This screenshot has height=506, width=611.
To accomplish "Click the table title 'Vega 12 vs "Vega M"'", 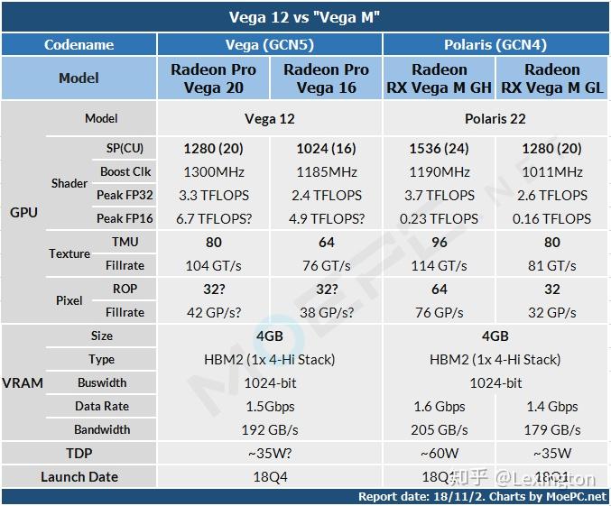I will click(x=305, y=17).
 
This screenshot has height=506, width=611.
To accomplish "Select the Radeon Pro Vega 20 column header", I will click(x=213, y=78).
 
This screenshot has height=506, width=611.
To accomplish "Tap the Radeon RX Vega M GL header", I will click(x=552, y=78).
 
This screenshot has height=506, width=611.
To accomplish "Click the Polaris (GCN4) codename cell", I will click(x=495, y=44).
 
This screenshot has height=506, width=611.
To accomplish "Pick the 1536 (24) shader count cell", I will click(x=439, y=148).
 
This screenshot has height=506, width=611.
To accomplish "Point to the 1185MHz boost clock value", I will click(x=327, y=171).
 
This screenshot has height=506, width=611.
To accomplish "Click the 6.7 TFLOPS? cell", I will click(x=213, y=218).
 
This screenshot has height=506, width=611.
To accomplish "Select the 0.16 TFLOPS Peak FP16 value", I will click(x=552, y=218).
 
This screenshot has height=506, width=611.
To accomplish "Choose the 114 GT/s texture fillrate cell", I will click(x=439, y=265).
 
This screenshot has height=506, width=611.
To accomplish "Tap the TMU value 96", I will click(x=439, y=242).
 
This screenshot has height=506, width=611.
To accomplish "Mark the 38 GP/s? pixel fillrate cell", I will click(x=327, y=312).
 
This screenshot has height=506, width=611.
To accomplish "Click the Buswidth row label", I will click(x=102, y=382).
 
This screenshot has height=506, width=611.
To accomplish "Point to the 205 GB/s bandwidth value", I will click(x=439, y=429).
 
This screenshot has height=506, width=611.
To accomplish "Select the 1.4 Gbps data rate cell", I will click(x=552, y=406).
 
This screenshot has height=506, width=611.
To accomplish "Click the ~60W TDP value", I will click(x=439, y=453).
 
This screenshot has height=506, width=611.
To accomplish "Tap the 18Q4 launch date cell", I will click(x=270, y=476).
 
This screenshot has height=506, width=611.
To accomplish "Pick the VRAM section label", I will click(x=23, y=382).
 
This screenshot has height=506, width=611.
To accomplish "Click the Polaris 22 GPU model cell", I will click(x=495, y=118).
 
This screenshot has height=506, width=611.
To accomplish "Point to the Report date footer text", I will click(x=482, y=496).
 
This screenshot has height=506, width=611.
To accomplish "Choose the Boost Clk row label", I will click(x=125, y=171).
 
